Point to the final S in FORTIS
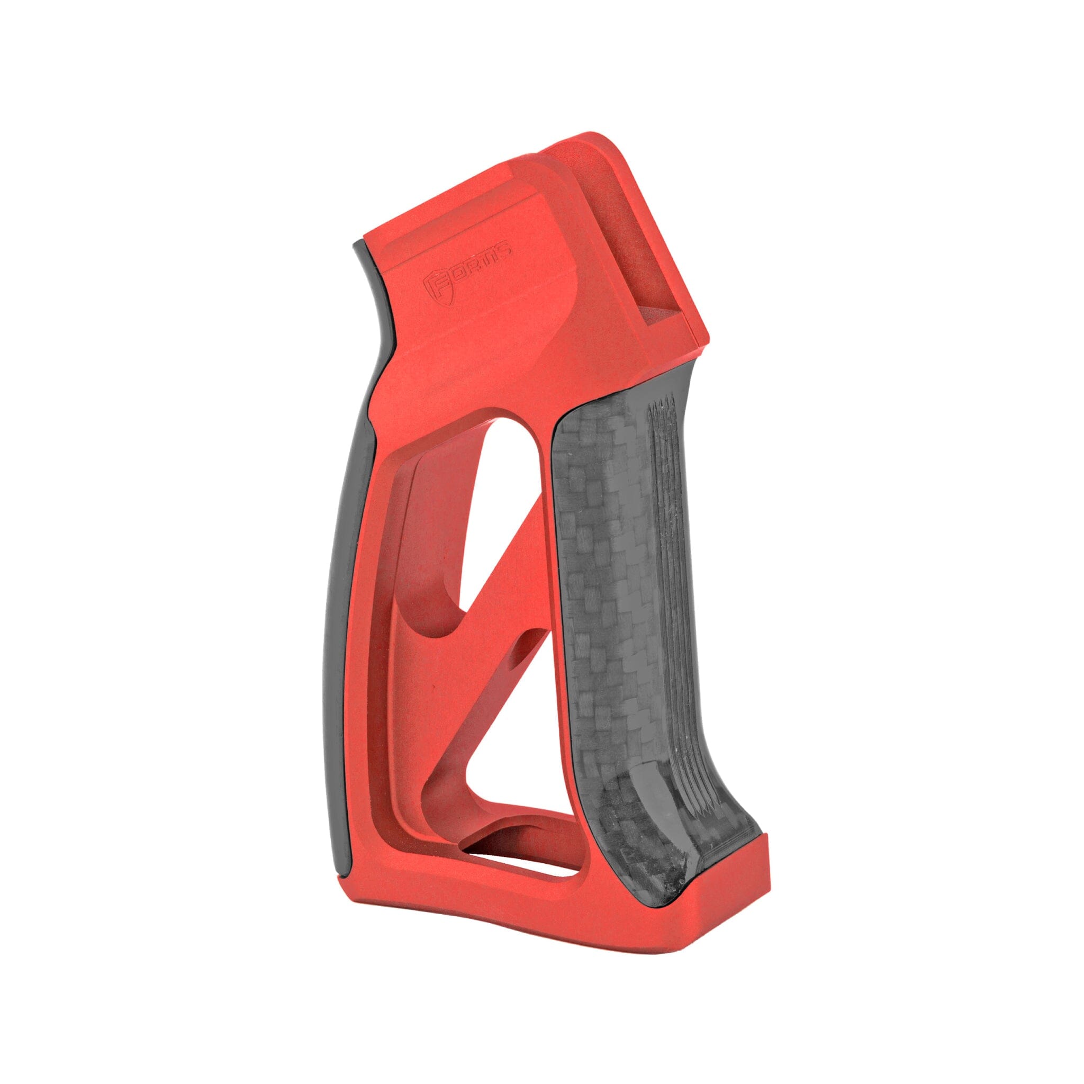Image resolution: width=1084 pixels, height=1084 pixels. click(505, 247)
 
